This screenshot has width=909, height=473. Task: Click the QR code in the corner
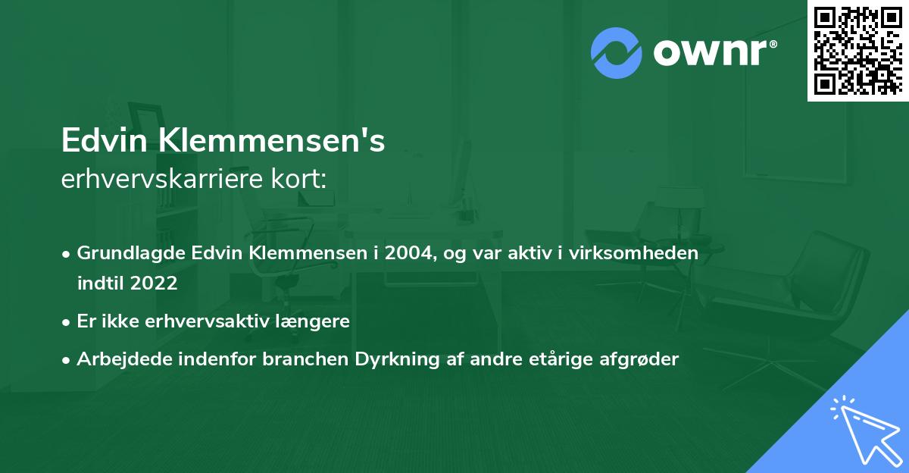click(x=857, y=50)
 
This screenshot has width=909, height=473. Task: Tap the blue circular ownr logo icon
click(x=616, y=52)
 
